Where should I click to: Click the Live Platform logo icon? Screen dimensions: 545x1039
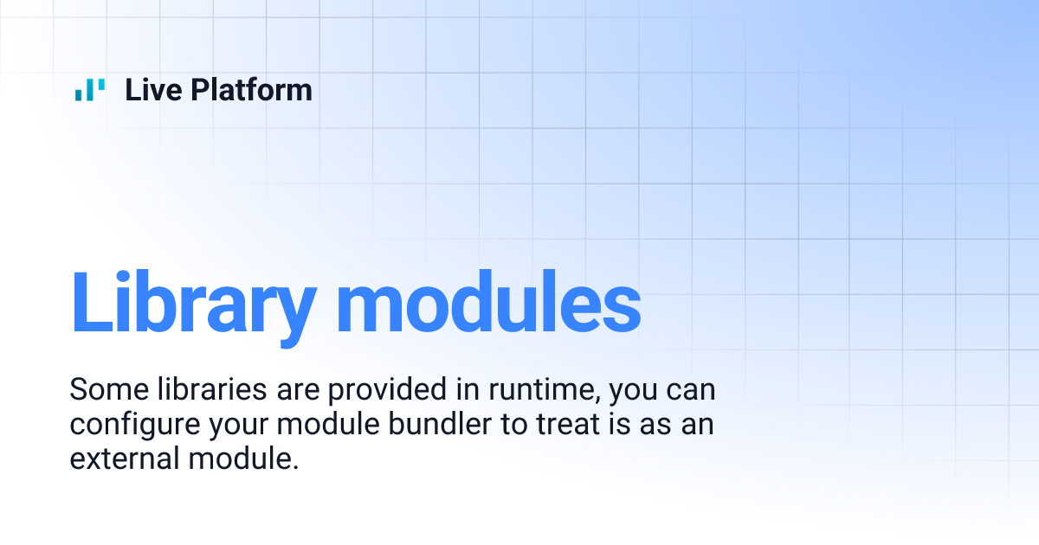tap(90, 89)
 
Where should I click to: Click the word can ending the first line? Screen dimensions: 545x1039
tap(694, 390)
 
